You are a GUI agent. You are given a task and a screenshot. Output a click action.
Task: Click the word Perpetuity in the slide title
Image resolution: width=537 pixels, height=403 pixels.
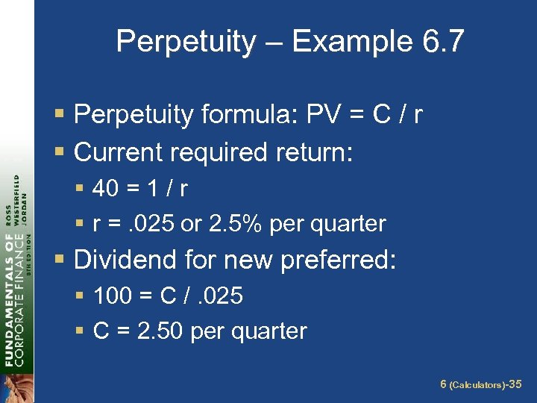tap(185, 42)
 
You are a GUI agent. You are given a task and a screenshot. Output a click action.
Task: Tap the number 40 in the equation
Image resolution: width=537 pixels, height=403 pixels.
tap(105, 189)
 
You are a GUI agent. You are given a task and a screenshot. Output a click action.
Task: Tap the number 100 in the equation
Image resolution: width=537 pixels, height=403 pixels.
tap(113, 296)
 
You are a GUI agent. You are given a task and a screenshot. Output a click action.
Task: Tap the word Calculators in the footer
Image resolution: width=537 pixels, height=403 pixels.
tap(476, 385)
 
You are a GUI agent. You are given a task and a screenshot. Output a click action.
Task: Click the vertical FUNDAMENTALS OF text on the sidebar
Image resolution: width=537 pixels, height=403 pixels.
tap(9, 299)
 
